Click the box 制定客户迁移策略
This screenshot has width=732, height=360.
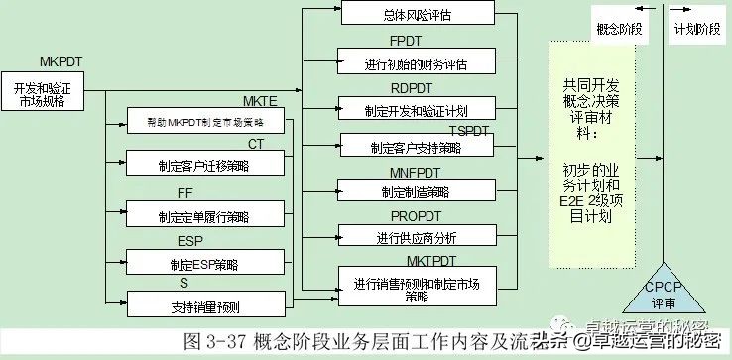pos(202,166)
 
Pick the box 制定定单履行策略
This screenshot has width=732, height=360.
pos(202,215)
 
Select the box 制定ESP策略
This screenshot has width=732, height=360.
pos(202,264)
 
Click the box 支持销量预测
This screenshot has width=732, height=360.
pos(202,304)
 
